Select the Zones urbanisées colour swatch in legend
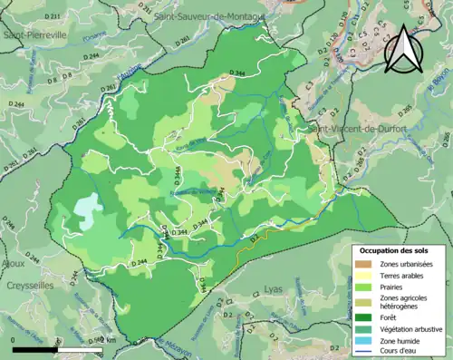tap(366, 264)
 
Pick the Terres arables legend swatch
tap(366, 277)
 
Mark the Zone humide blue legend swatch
tap(366, 341)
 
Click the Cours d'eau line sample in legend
tap(366, 353)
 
